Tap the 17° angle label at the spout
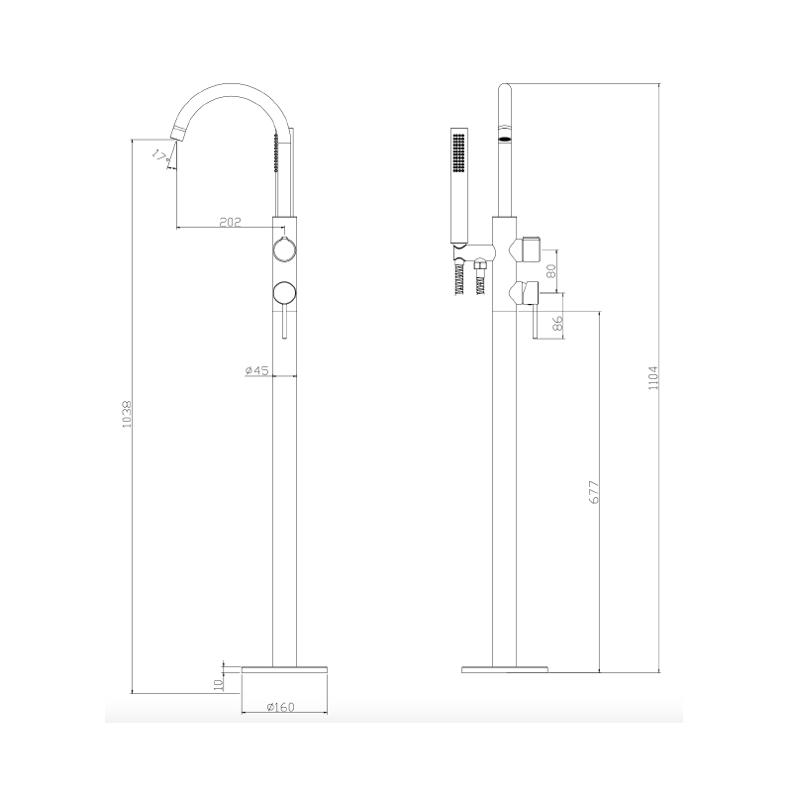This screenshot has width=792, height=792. pyautogui.click(x=159, y=154)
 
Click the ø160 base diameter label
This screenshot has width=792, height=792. pyautogui.click(x=283, y=707)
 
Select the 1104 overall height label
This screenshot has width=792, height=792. pyautogui.click(x=651, y=378)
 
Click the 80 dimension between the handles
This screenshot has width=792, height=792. pyautogui.click(x=552, y=267)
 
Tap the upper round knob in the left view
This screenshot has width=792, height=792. pyautogui.click(x=283, y=249)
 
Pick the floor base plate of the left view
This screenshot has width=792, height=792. pyautogui.click(x=283, y=670)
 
